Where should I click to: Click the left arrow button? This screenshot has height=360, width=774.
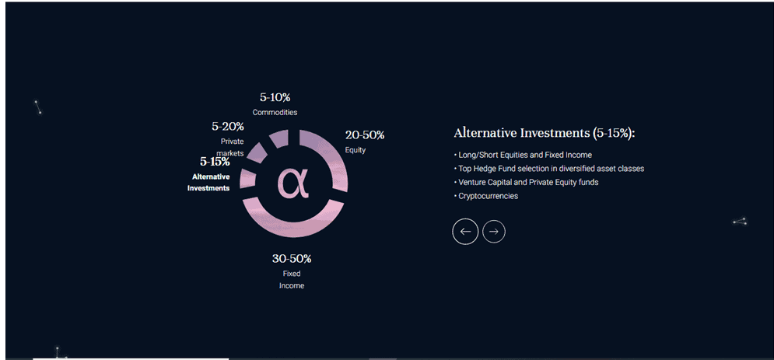(465, 231)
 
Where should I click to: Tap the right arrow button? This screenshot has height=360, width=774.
(494, 231)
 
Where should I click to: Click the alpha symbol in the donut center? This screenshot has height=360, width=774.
(293, 183)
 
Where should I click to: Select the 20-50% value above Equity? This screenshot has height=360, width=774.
(365, 135)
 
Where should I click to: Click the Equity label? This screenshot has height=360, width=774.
(355, 150)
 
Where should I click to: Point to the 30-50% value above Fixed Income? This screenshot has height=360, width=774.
(292, 259)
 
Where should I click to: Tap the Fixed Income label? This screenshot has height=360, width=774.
(292, 280)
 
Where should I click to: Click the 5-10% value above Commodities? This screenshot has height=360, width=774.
(275, 98)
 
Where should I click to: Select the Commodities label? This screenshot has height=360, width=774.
(275, 113)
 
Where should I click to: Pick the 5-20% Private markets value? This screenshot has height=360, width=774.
(228, 127)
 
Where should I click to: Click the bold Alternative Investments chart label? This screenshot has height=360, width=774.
(208, 183)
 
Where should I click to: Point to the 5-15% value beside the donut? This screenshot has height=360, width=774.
(215, 161)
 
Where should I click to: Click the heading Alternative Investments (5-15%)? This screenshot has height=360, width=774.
(544, 133)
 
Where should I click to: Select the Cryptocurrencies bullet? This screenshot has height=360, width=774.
(485, 196)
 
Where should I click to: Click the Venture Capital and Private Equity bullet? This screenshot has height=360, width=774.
(526, 182)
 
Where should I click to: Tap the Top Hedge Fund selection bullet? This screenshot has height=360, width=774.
(549, 169)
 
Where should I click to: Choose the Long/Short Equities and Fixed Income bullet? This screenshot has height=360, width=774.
(523, 155)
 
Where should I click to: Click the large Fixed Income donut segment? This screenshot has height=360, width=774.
(293, 227)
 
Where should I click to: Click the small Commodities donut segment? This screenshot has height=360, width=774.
(280, 138)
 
